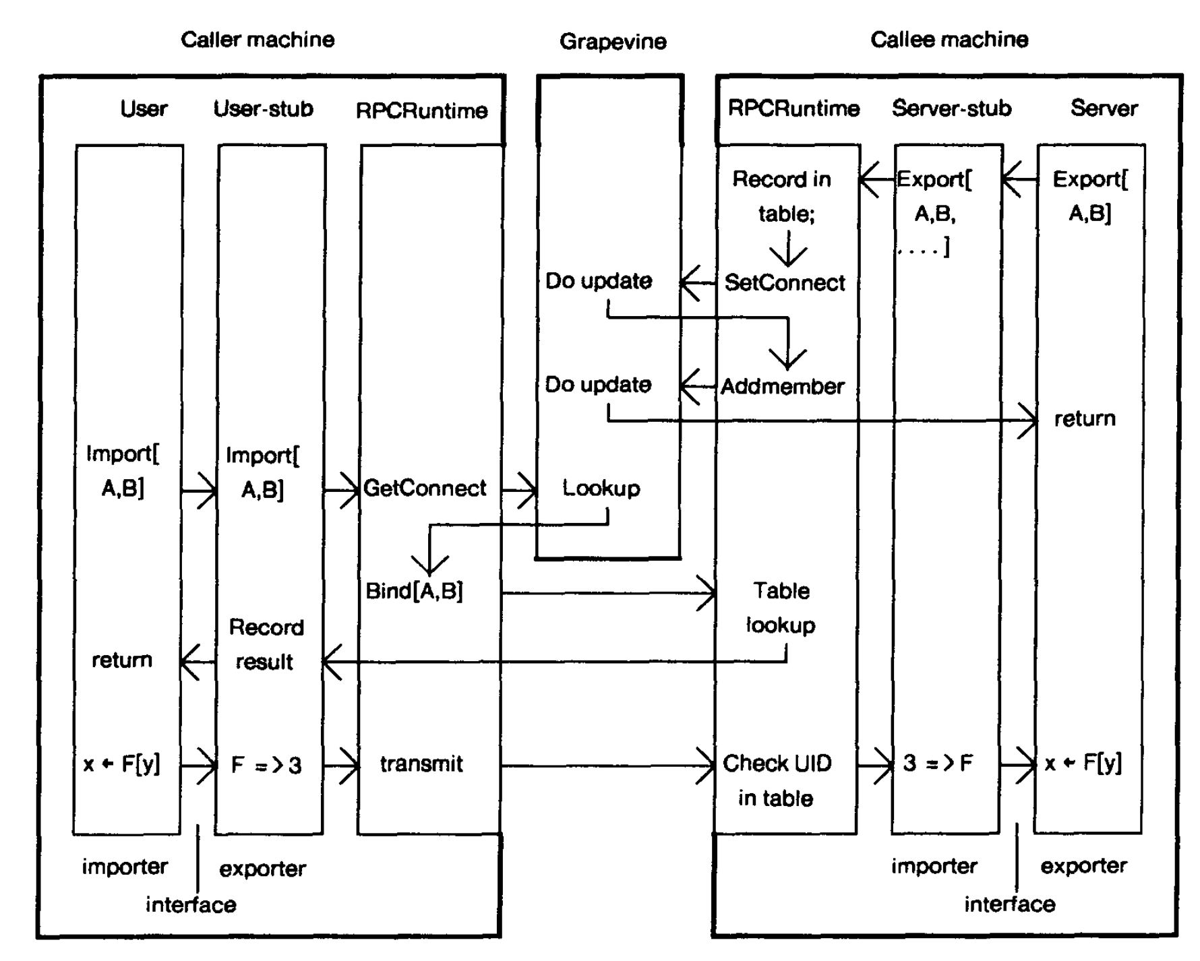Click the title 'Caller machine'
pos(258,40)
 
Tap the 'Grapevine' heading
pos(613,42)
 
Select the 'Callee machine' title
pos(949,40)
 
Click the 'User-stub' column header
pos(264,109)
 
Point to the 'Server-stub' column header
pos(951,108)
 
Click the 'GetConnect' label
pos(425,488)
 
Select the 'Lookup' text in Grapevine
pos(601,488)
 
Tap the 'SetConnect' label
pos(785,283)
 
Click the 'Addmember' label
pos(783,387)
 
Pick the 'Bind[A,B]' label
pos(414,591)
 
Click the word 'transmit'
pos(421,764)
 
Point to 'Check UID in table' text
pos(777,780)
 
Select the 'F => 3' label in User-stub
pos(266,766)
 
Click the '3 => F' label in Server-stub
pos(938,764)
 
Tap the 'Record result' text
pos(266,645)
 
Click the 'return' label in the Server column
pos(1085,419)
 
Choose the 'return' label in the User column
pos(122,660)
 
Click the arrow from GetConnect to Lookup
pos(519,489)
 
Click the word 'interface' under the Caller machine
pos(191,905)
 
